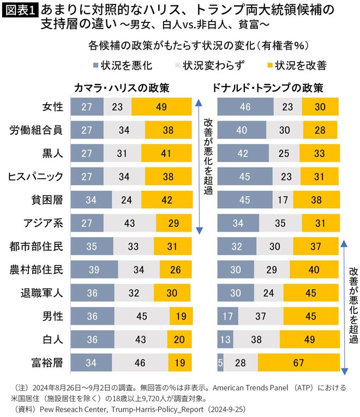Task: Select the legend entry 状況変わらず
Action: [209, 66]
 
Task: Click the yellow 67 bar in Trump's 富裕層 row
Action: [298, 362]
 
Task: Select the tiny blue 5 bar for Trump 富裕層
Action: [220, 362]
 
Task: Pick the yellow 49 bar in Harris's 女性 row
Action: [161, 107]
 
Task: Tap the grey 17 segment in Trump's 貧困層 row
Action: [282, 199]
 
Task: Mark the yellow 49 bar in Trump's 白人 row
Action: [309, 339]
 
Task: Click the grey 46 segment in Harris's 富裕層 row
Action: [140, 362]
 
